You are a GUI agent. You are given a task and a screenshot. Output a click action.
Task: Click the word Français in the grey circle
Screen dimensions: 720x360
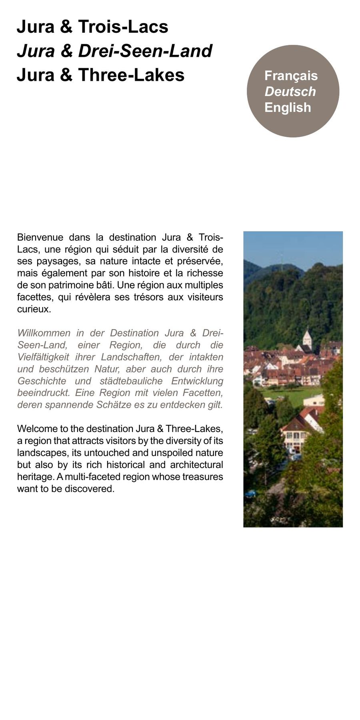coord(291,76)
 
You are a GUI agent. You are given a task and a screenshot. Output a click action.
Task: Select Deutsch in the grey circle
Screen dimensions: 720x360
coord(290,92)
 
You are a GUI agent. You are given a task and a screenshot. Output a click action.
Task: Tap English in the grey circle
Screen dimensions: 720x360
coord(288,108)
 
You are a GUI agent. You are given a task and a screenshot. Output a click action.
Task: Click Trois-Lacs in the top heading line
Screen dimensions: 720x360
coord(123,27)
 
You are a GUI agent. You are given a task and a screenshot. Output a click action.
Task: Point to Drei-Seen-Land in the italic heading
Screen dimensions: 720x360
coord(145,51)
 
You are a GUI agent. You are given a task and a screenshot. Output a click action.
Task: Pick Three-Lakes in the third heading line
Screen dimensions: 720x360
coord(131,75)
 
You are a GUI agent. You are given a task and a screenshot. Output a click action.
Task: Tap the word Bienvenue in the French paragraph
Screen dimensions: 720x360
coord(40,237)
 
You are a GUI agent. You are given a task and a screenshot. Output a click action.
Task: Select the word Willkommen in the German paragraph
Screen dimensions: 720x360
coord(44,333)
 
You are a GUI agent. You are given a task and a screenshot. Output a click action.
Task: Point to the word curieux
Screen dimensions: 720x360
coord(34,309)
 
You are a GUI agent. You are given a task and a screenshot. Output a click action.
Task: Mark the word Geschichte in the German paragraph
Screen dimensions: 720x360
coord(42,381)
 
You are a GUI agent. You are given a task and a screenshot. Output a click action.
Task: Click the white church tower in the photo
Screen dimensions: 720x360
coord(307,338)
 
